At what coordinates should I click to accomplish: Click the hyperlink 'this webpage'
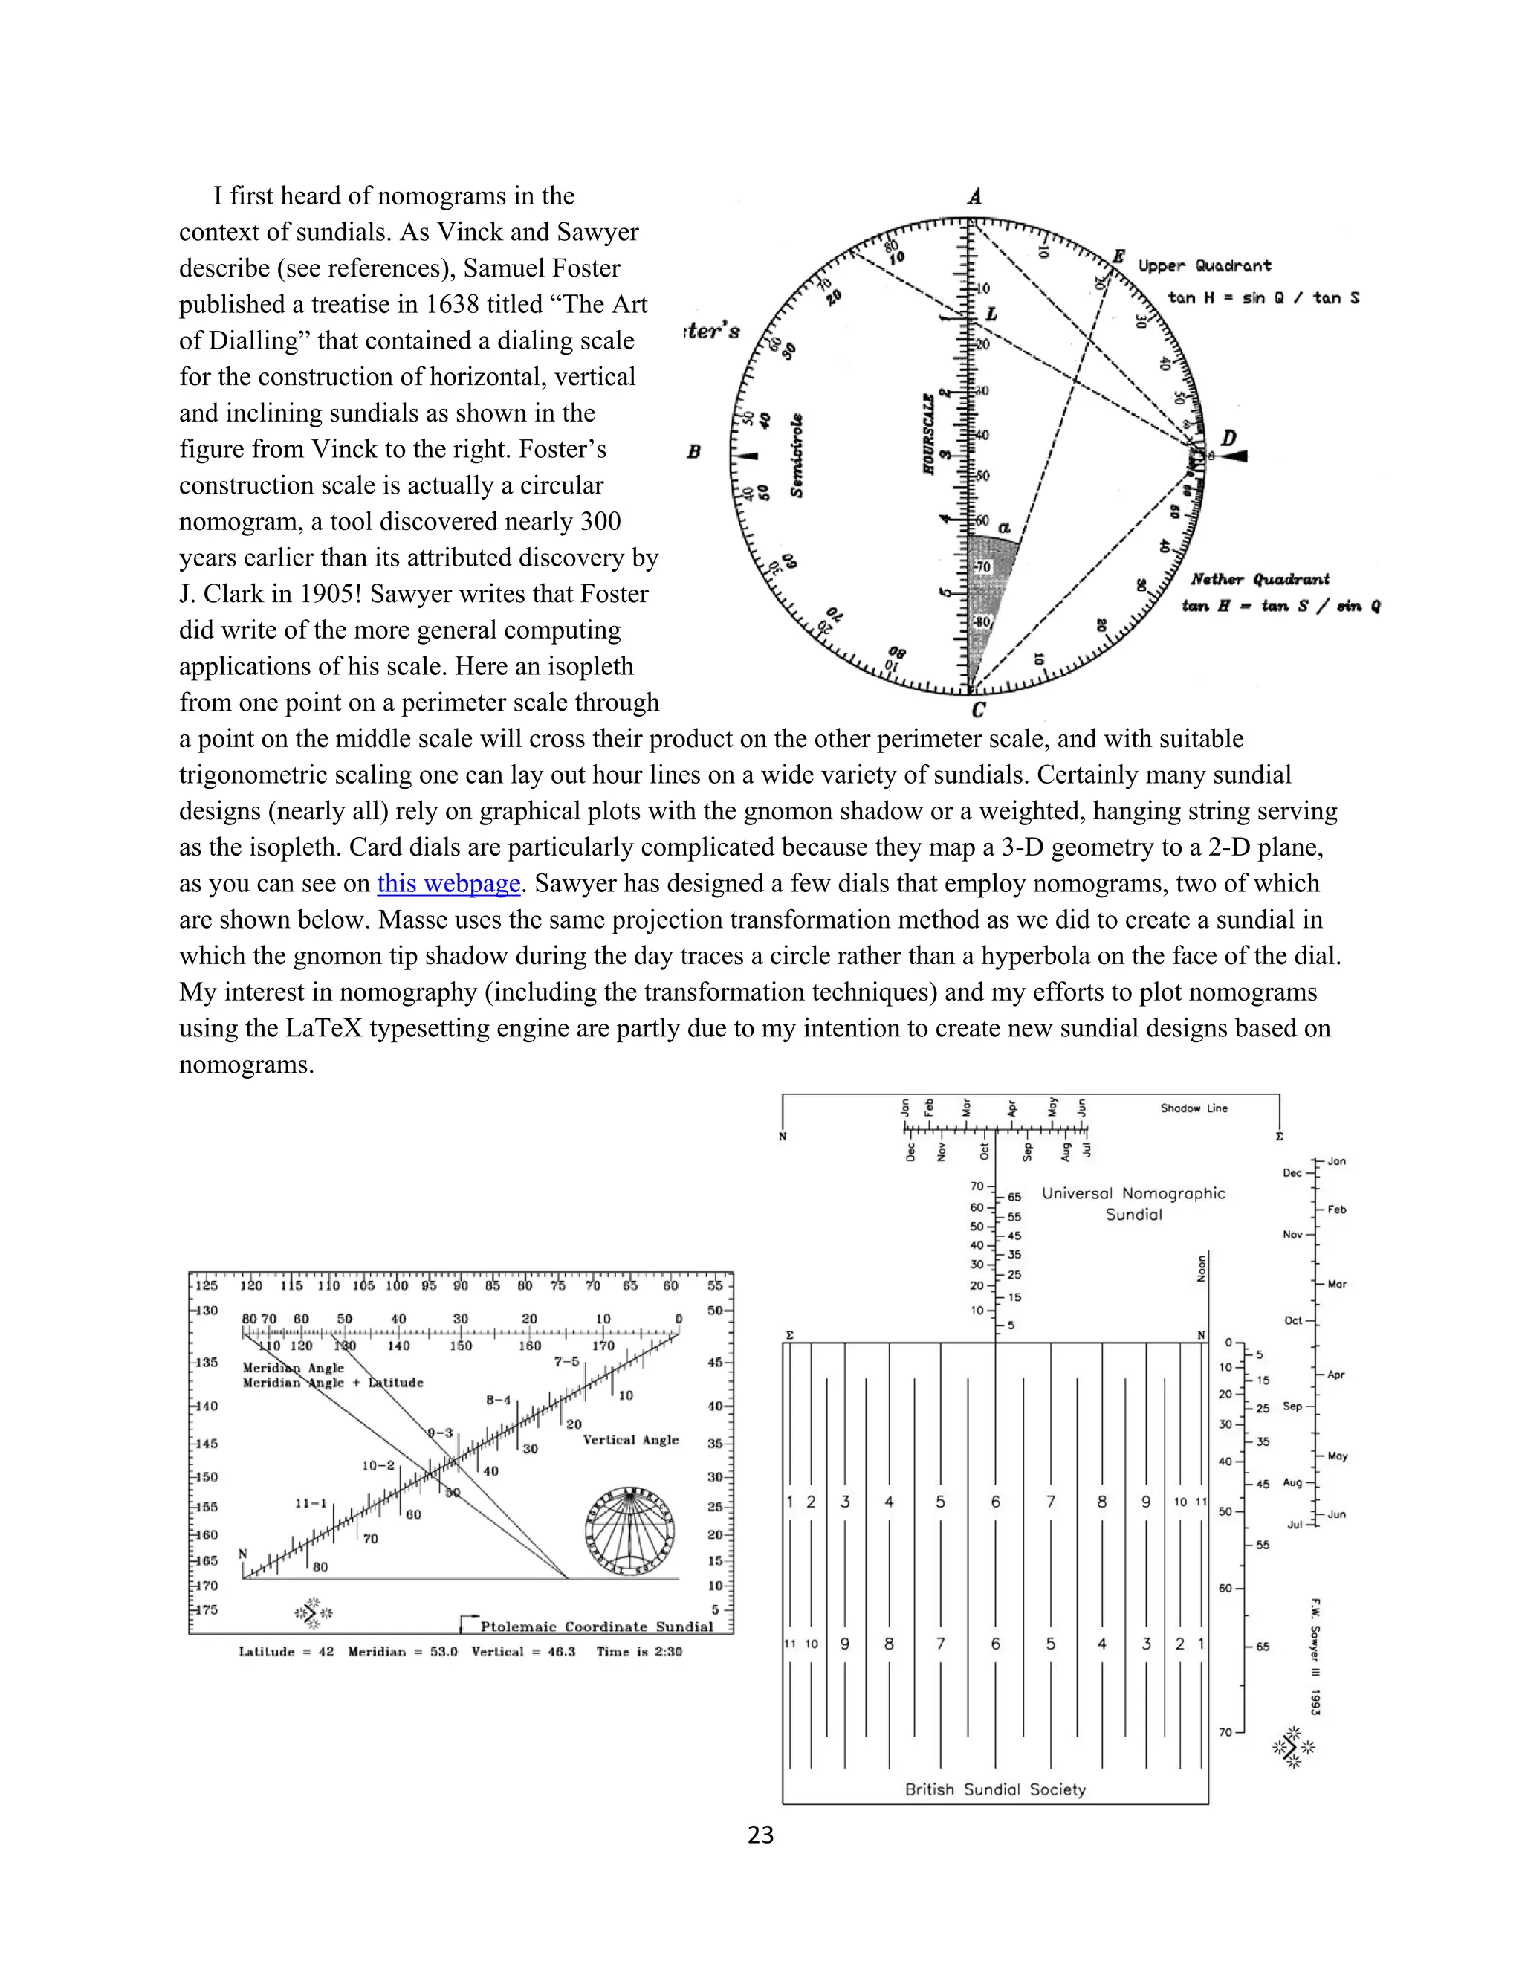448,884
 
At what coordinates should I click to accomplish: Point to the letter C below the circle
978,711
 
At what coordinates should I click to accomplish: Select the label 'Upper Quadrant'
1204,266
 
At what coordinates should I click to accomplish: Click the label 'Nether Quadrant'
1260,579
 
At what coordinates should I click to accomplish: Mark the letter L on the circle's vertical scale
991,314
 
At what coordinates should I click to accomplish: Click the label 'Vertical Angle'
630,1440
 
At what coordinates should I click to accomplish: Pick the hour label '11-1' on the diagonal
311,1504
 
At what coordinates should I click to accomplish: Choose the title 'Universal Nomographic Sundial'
1133,1204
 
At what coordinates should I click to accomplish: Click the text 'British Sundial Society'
994,1789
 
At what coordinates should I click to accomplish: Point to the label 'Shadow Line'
1193,1108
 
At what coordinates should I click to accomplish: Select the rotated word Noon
1201,1267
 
